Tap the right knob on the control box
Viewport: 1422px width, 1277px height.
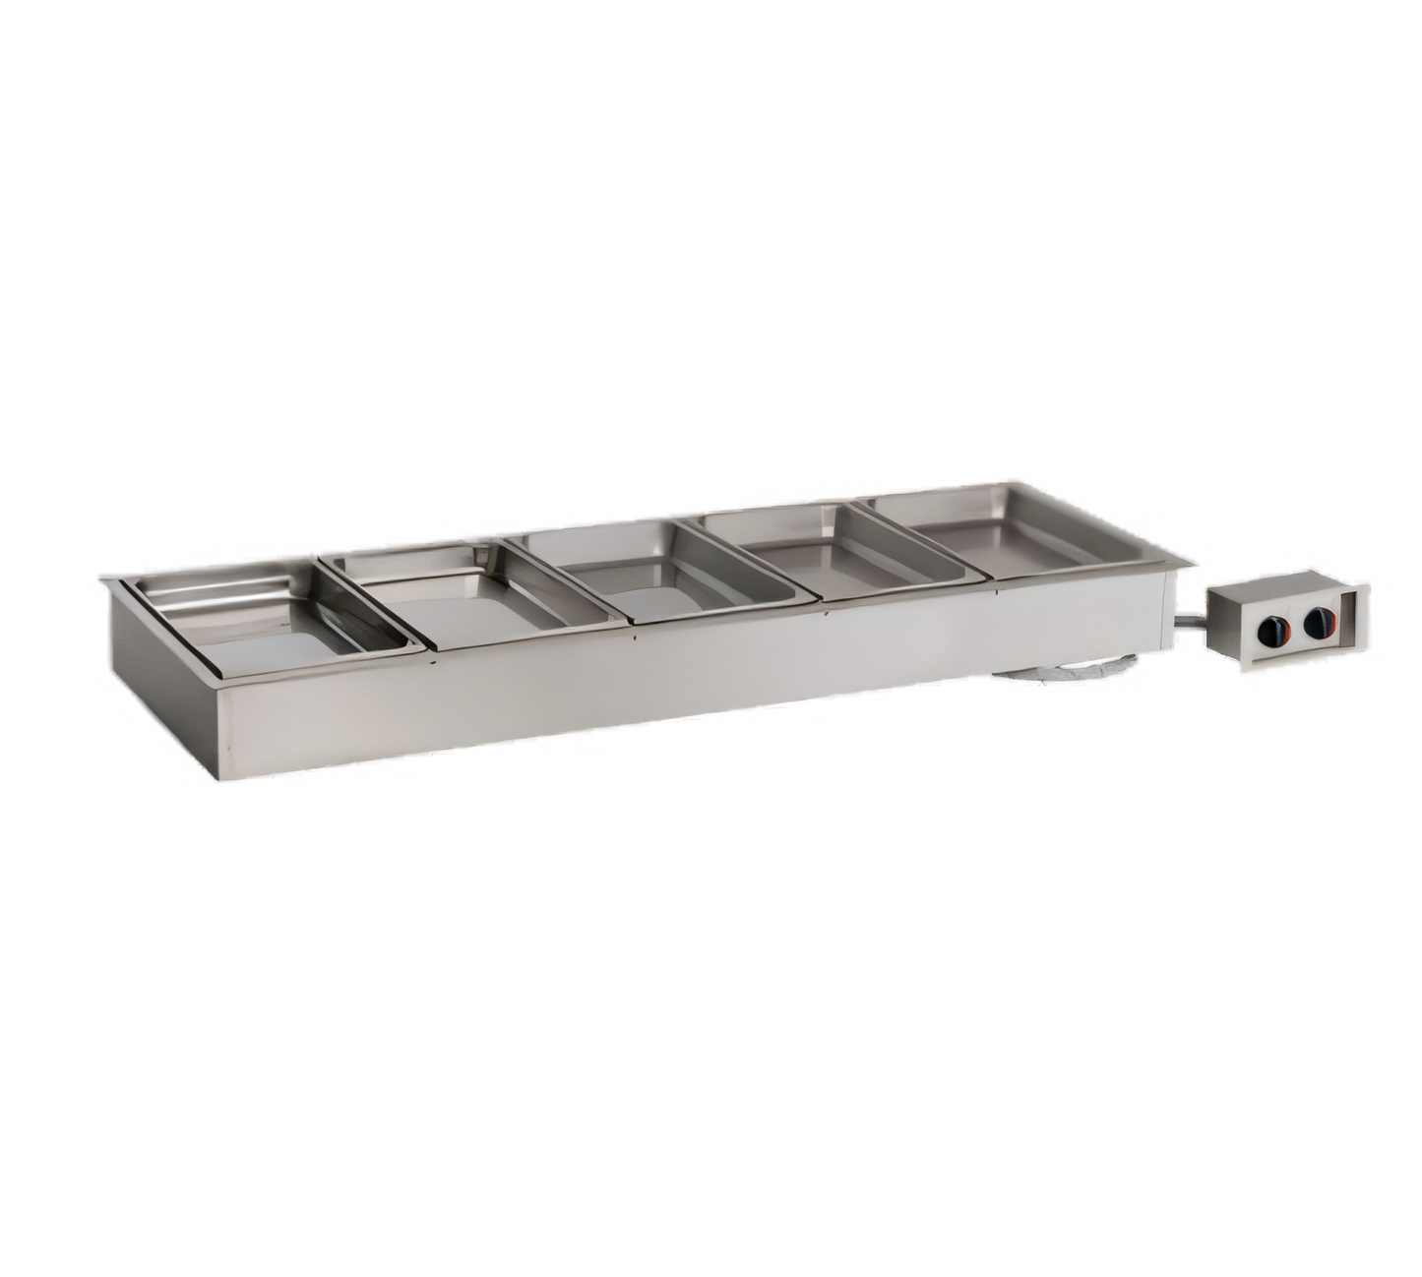[1316, 624]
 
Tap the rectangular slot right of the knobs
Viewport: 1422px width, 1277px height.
[1349, 617]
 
